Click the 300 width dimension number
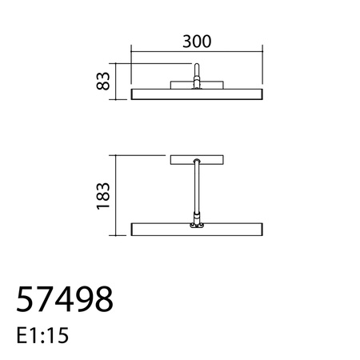pyautogui.click(x=197, y=42)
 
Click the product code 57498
pyautogui.click(x=65, y=300)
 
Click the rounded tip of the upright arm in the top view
pyautogui.click(x=198, y=69)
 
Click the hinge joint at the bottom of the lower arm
pyautogui.click(x=196, y=226)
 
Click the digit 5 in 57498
pyautogui.click(x=25, y=300)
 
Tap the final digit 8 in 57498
pyautogui.click(x=103, y=300)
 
